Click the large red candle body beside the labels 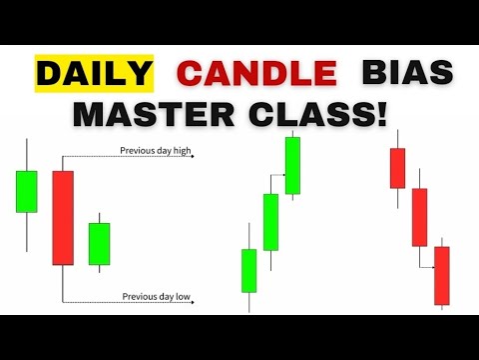(63, 217)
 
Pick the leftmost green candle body (27, 191)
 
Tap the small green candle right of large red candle (99, 243)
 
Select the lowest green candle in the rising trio (248, 270)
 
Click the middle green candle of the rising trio (270, 221)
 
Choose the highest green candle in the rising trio (292, 165)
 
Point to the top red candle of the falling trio (397, 167)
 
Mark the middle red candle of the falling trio (419, 216)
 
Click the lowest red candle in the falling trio (442, 275)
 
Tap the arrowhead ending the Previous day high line (190, 156)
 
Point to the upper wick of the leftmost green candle (27, 156)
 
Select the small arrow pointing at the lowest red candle (430, 266)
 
